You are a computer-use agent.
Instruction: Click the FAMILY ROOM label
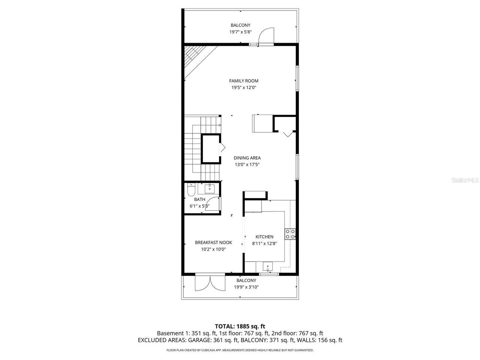[x=244, y=81]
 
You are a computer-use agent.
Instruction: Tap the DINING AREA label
[x=247, y=158]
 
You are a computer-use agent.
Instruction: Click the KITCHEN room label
[x=264, y=237]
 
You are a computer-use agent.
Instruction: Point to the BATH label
[x=199, y=199]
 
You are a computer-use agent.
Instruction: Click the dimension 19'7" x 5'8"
[x=240, y=32]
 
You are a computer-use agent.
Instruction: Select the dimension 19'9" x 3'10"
[x=246, y=287]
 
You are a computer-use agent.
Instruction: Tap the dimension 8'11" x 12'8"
[x=264, y=243]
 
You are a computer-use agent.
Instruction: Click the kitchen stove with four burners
[x=291, y=234]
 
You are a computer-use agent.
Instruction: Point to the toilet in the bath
[x=190, y=191]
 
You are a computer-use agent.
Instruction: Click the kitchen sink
[x=268, y=267]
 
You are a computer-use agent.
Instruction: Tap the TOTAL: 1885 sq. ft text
[x=240, y=326]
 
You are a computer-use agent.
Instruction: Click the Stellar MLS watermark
[x=465, y=180]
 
